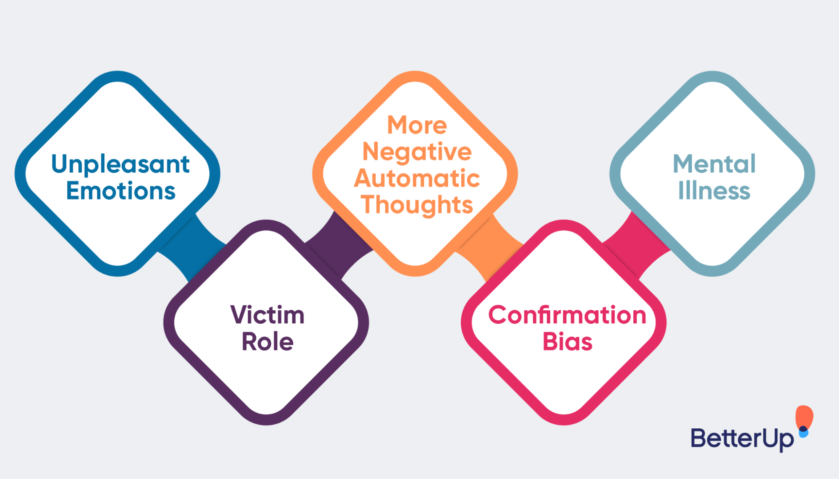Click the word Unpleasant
tap(120, 164)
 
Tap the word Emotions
tap(120, 191)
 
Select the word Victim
tap(267, 315)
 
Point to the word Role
tap(267, 341)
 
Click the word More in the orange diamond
tap(417, 125)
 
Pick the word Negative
tap(417, 152)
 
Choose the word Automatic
tap(417, 178)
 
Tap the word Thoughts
tap(417, 205)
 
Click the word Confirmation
tap(567, 315)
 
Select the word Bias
tap(567, 341)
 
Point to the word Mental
tap(714, 164)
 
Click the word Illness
tap(714, 191)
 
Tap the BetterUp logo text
tap(742, 439)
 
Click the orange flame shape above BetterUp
tap(804, 416)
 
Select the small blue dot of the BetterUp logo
tap(803, 432)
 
